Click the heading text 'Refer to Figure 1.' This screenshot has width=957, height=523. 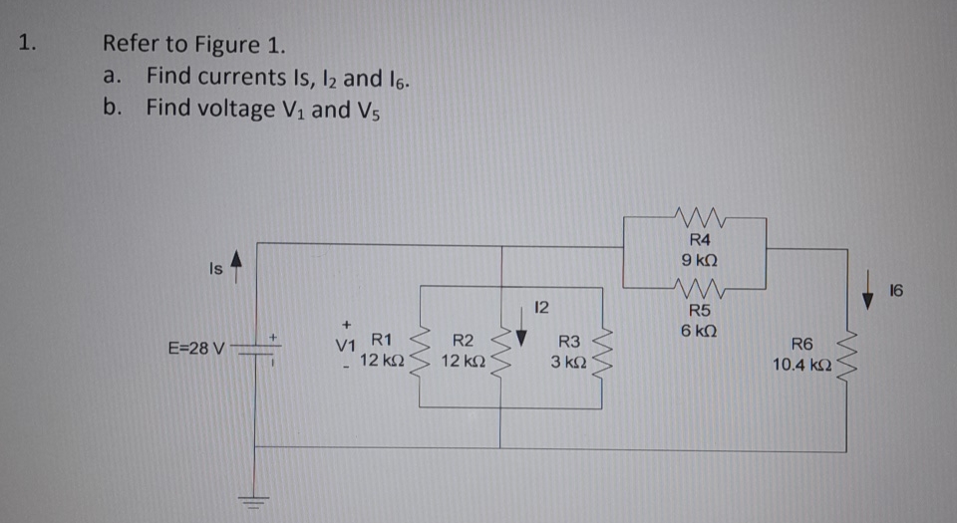pyautogui.click(x=193, y=46)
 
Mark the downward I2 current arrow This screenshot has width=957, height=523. pyautogui.click(x=518, y=346)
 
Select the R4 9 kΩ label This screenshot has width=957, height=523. pyautogui.click(x=699, y=249)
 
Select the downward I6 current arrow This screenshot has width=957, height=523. pyautogui.click(x=874, y=298)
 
